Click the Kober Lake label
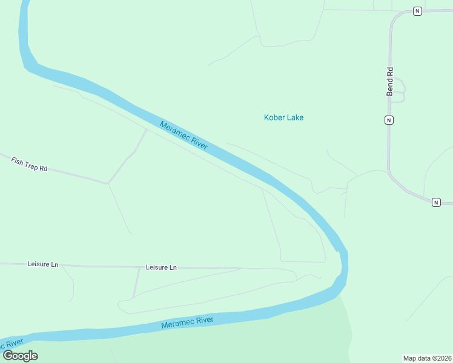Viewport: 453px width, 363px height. pos(283,117)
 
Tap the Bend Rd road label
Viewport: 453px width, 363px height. pos(390,80)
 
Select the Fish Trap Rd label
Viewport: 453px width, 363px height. pos(29,163)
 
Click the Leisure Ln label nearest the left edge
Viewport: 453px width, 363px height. pos(43,264)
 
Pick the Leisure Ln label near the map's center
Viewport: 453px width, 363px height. pos(161,267)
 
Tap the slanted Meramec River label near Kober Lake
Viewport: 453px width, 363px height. pos(184,135)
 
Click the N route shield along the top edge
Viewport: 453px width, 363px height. pos(417,11)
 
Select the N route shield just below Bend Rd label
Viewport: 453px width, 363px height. pos(389,119)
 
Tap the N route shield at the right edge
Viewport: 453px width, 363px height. pos(435,202)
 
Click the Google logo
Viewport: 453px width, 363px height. pos(20,356)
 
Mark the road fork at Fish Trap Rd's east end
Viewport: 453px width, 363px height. pos(108,183)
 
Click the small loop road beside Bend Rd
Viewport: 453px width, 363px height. pos(400,91)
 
